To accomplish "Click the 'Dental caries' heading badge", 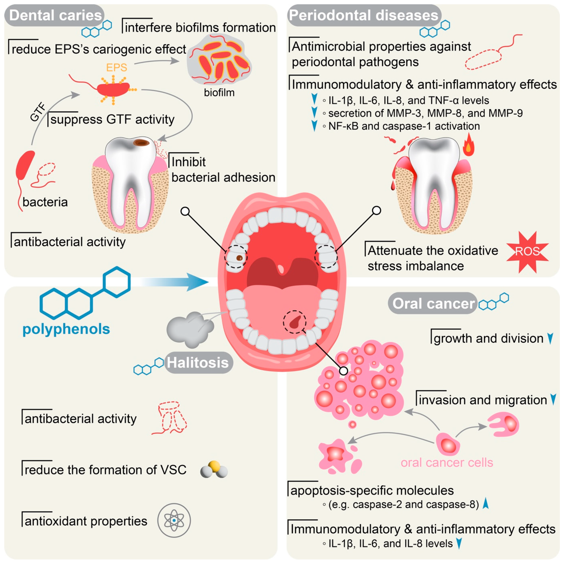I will [55, 15].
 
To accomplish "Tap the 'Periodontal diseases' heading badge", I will [364, 15].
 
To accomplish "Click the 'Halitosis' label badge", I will [198, 363].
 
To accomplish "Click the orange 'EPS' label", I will [116, 68].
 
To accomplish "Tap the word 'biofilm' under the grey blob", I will [219, 93].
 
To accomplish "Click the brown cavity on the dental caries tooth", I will [142, 143].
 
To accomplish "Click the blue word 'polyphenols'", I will [66, 329].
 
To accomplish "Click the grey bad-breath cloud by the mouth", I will [190, 330].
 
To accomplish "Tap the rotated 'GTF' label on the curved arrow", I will [38, 112].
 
